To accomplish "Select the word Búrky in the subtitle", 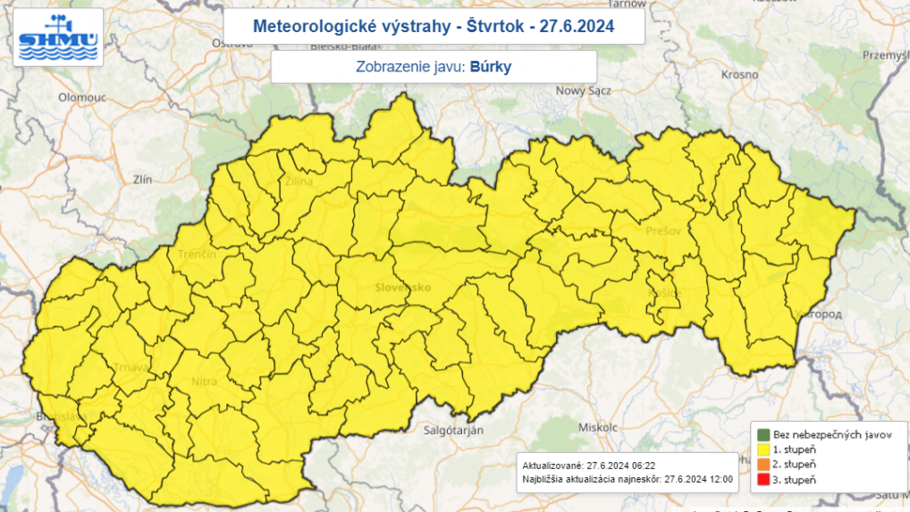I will coord(490,66).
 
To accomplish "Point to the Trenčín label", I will coord(198,256).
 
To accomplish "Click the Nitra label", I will coord(204,382).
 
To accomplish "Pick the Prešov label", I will coord(662,231).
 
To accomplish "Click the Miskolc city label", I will coord(598,427).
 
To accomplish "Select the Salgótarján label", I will coord(454,431).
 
